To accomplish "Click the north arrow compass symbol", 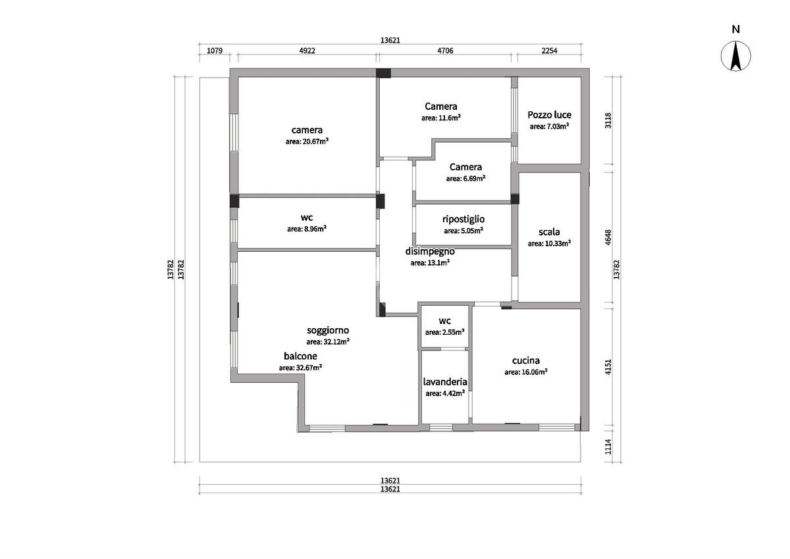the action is [x=736, y=56].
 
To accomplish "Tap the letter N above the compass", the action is [x=736, y=29].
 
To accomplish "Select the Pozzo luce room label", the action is [x=549, y=115].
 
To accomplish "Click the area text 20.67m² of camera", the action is [x=307, y=141].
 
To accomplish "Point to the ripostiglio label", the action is [x=463, y=220].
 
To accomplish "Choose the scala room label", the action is [x=549, y=231].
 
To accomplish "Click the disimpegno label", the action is [x=430, y=251].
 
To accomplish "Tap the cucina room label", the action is [x=526, y=360].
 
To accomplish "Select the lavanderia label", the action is [x=445, y=382].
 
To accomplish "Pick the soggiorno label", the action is [x=328, y=330].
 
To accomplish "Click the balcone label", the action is [x=300, y=356].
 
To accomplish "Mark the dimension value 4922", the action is [x=307, y=51].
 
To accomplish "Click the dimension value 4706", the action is [x=445, y=51].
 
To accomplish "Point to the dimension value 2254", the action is [x=549, y=51].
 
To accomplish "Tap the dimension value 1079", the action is [x=215, y=51].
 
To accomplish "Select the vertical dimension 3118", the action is [x=608, y=120].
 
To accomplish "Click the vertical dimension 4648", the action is [x=608, y=237].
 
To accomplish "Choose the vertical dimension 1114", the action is [x=608, y=447].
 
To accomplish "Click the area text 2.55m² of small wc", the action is [x=445, y=332].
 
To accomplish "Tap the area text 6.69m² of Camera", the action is [x=465, y=179].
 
